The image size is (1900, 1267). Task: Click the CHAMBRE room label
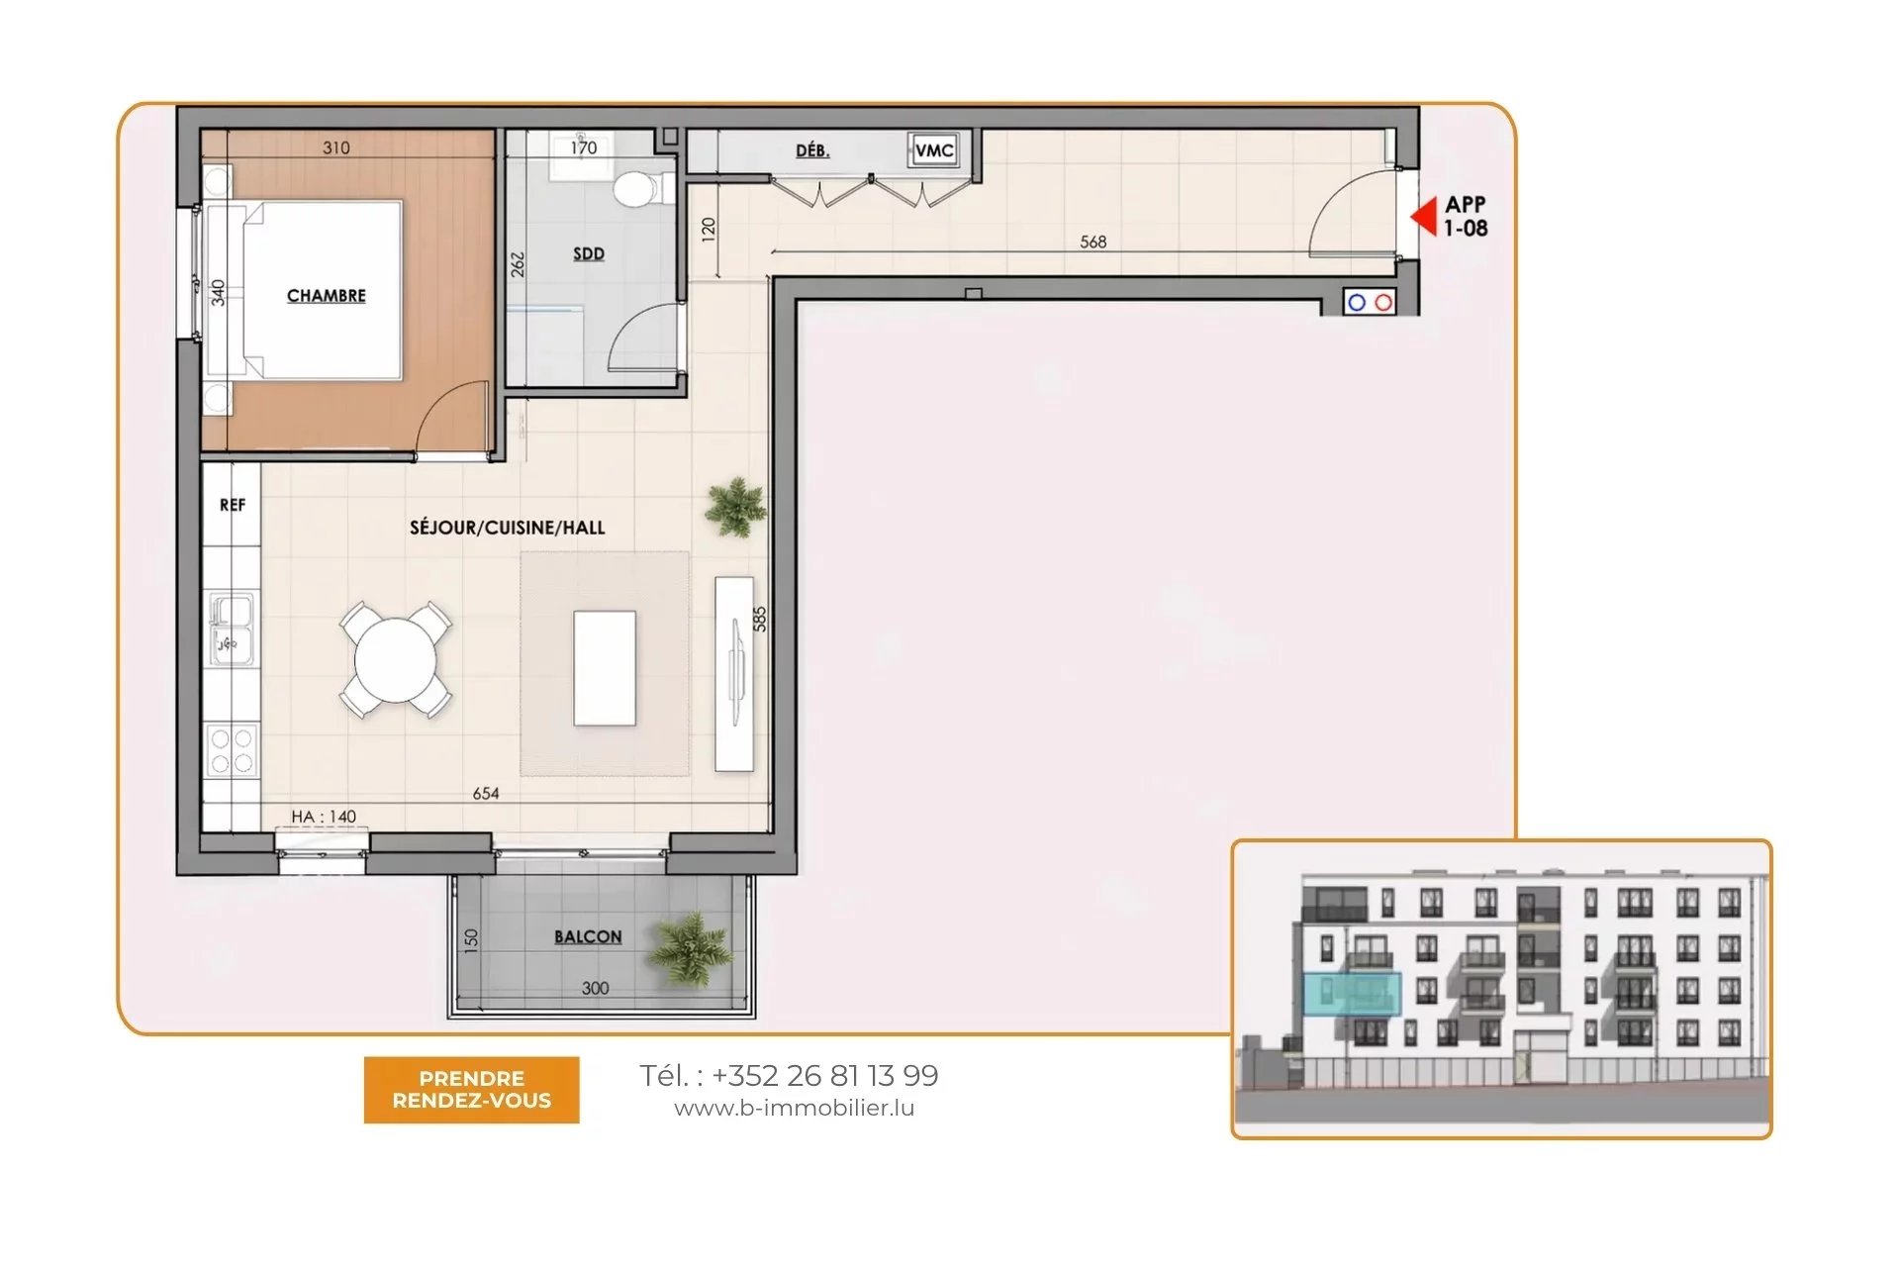click(327, 296)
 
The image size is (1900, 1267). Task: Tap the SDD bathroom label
click(589, 253)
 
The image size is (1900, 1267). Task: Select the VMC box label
click(934, 150)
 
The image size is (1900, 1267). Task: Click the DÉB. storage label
click(812, 150)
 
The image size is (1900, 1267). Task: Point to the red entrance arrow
click(1424, 216)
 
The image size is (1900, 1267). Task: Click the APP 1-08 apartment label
click(1466, 216)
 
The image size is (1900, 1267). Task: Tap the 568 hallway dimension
click(1093, 242)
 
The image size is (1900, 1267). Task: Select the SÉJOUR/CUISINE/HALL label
click(507, 528)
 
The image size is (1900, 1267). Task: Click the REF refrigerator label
click(233, 505)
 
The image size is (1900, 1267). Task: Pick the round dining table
click(396, 659)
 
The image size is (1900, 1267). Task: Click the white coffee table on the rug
click(605, 668)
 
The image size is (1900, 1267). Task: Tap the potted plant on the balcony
click(690, 948)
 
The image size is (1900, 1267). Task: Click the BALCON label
click(588, 936)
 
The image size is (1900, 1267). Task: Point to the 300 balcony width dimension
click(596, 988)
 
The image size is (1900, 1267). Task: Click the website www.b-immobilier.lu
click(795, 1108)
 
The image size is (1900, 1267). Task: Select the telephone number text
click(789, 1075)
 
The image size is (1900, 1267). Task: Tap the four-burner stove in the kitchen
click(232, 749)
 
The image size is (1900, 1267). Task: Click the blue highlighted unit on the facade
click(1351, 994)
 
